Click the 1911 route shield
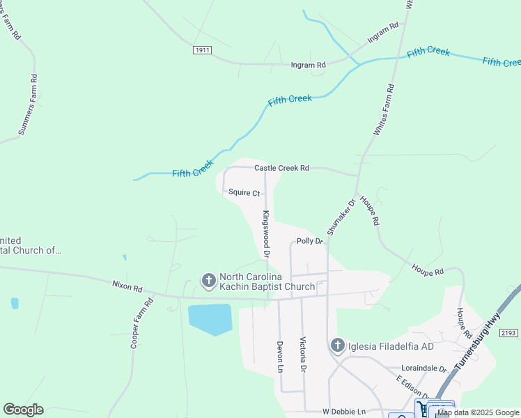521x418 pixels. click(x=202, y=50)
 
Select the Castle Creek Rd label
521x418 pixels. click(x=281, y=168)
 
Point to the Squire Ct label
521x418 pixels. click(x=242, y=192)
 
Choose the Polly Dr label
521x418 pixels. click(x=309, y=241)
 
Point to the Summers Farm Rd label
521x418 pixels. click(x=27, y=104)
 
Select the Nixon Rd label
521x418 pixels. click(x=127, y=286)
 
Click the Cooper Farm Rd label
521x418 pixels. click(x=142, y=324)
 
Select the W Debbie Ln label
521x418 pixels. click(x=344, y=412)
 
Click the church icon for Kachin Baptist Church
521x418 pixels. click(x=208, y=280)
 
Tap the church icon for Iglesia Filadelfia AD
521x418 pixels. click(x=337, y=346)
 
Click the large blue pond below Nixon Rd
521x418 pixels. click(x=210, y=318)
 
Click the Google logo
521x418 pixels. click(x=23, y=410)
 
